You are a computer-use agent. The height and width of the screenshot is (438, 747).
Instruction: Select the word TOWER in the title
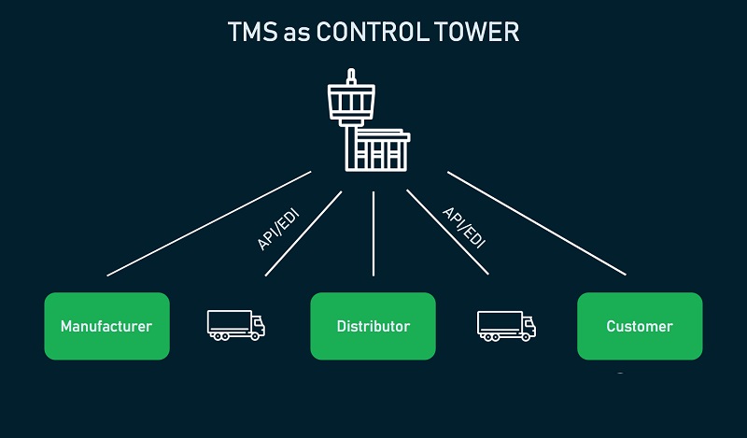pos(481,33)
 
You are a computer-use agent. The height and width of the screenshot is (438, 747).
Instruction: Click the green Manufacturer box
pos(106,326)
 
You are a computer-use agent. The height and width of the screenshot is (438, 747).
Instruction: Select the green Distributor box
pos(373,326)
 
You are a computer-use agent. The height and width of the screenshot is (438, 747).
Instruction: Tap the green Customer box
pos(640,326)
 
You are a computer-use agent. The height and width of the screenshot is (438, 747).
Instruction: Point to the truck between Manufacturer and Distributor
pos(235,324)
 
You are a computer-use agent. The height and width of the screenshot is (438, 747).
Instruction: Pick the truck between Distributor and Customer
pos(506,324)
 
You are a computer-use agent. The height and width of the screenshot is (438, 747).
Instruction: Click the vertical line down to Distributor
pos(373,233)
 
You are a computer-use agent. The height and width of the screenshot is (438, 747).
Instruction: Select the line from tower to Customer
pos(536,223)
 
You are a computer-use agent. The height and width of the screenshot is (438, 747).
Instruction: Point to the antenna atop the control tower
pos(351,76)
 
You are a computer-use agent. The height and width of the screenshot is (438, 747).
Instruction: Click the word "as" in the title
pos(298,34)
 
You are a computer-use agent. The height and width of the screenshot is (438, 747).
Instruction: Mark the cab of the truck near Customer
pos(529,326)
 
